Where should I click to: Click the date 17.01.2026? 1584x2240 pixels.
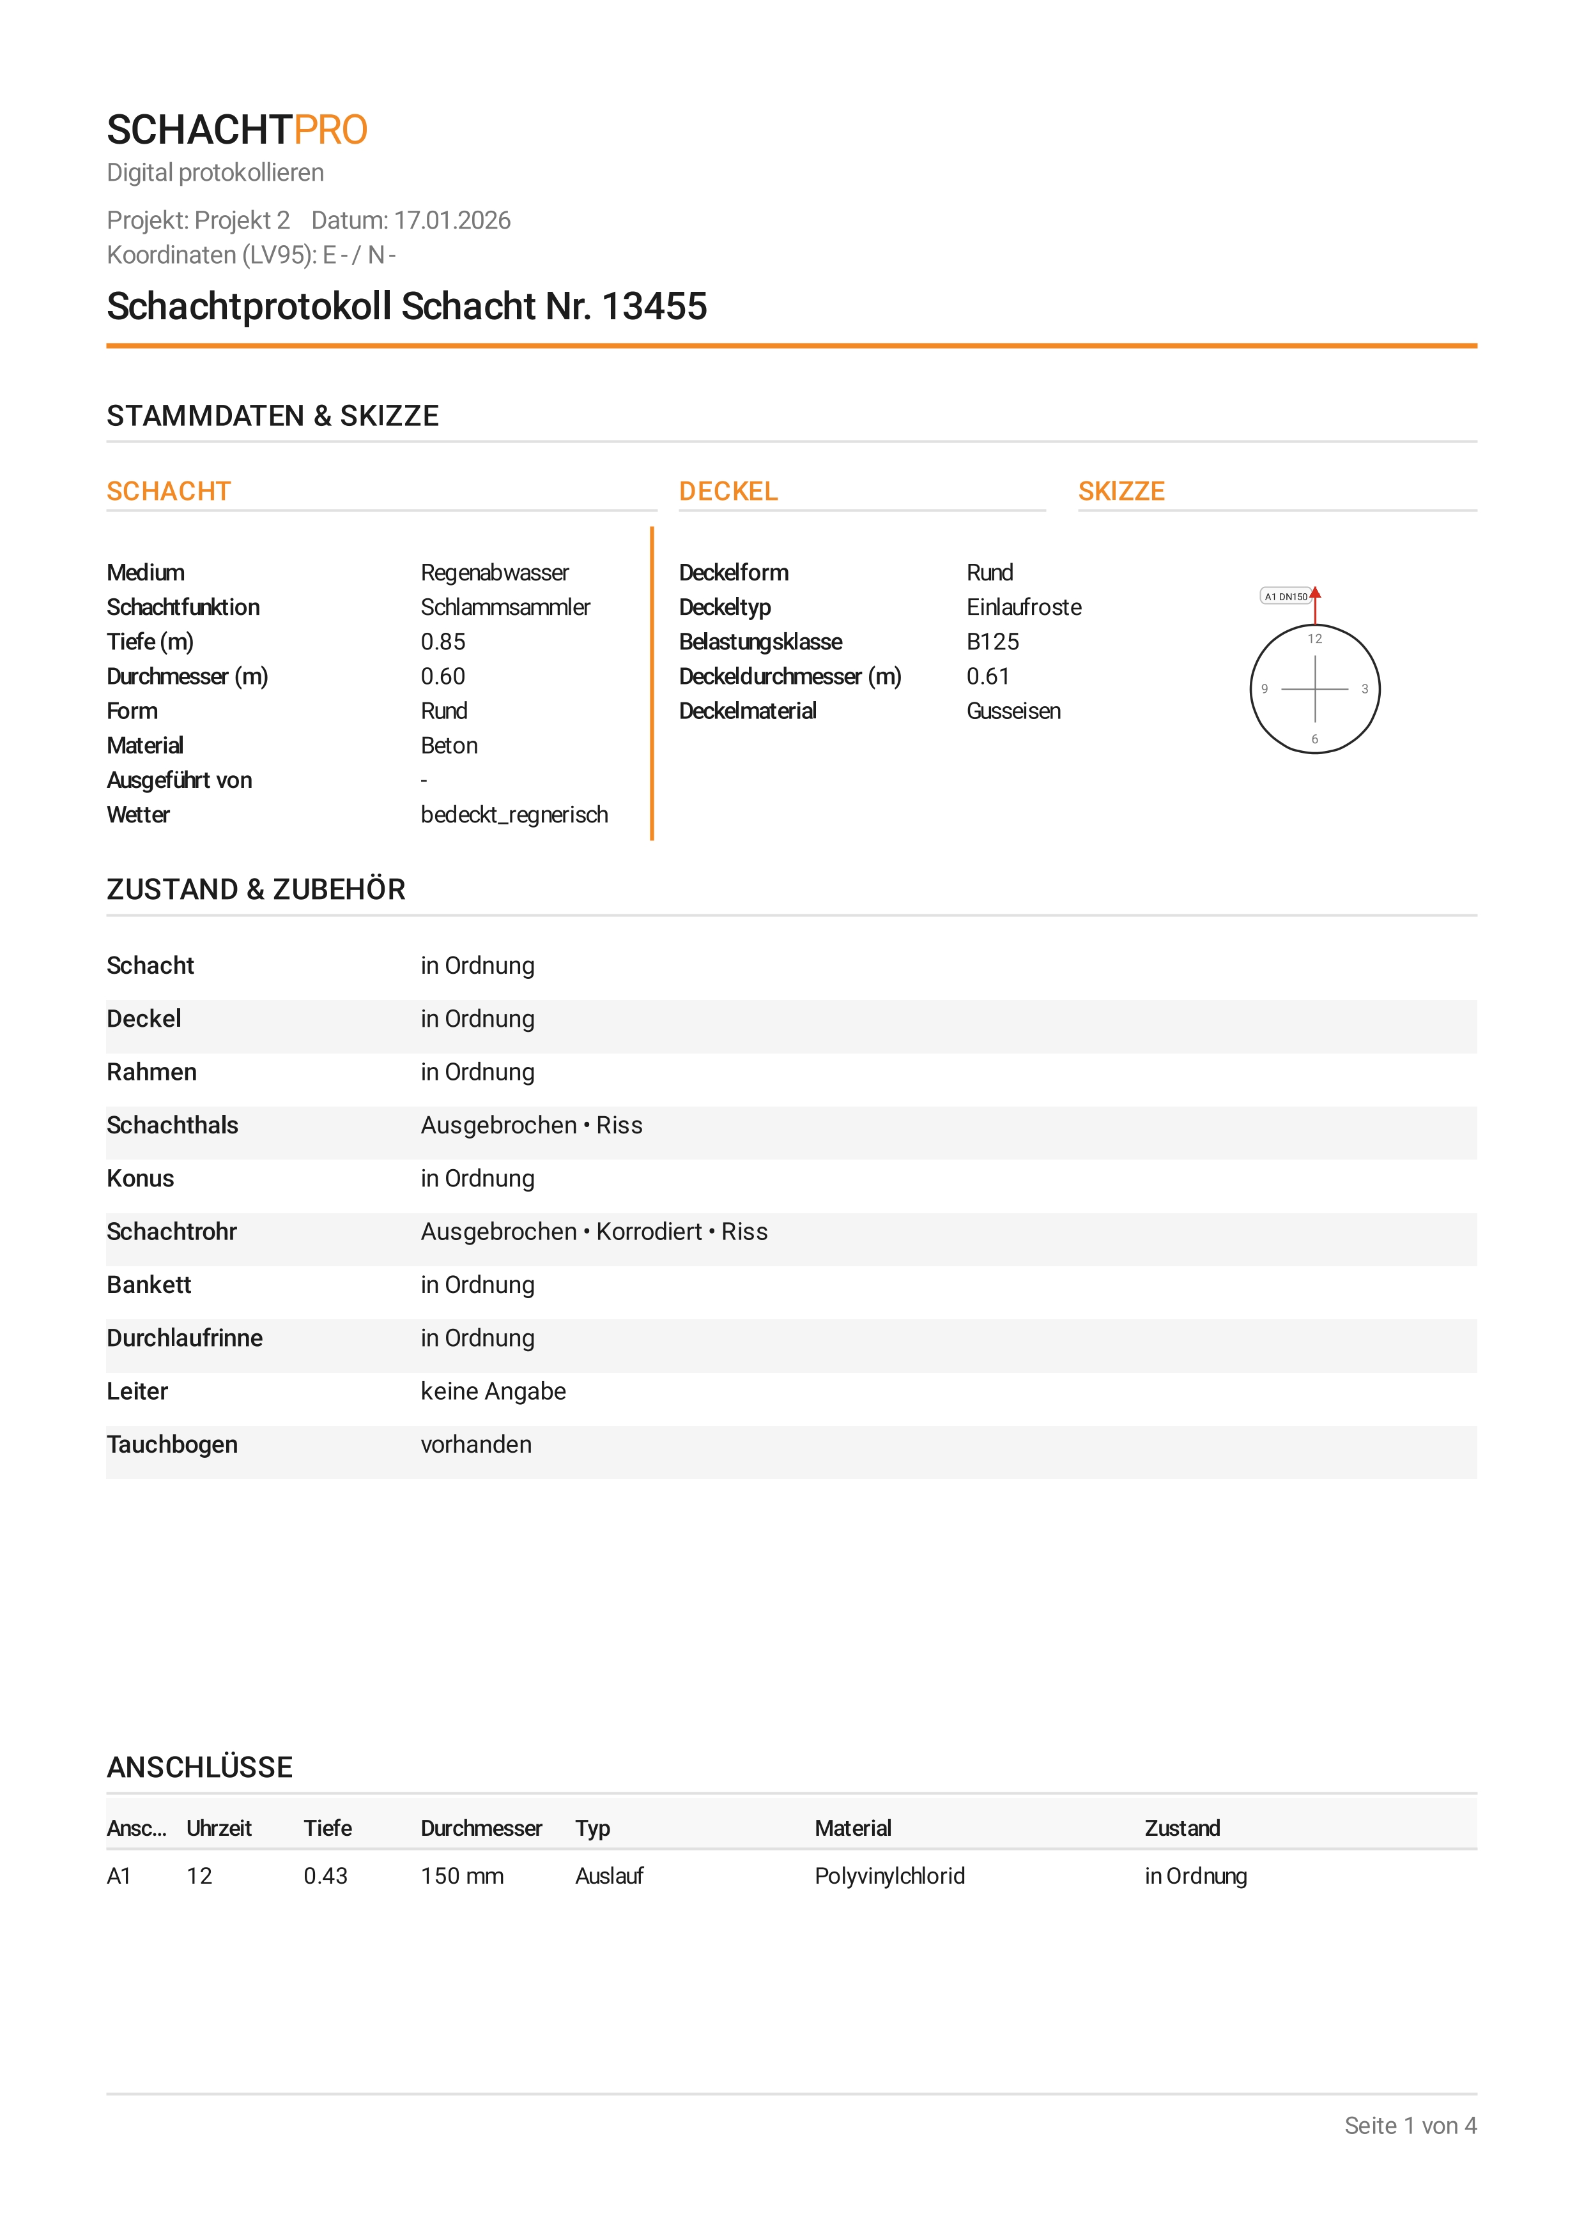click(452, 220)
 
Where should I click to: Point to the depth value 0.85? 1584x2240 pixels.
click(442, 642)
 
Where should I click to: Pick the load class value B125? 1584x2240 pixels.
click(992, 642)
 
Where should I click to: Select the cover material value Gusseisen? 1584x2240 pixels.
click(1013, 711)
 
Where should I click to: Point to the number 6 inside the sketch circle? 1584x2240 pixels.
click(1314, 739)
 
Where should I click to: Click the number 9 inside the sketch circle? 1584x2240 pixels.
click(1265, 689)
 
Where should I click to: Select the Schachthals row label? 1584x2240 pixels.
click(172, 1125)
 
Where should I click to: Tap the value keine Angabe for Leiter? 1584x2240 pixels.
click(493, 1391)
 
